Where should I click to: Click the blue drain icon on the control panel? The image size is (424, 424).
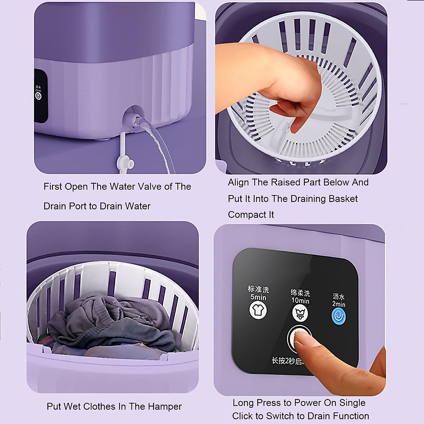pos(338,316)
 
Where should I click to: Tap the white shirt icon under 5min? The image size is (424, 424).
pos(258,310)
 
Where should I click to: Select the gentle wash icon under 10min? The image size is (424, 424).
pos(300,313)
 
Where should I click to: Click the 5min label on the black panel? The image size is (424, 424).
pos(258,297)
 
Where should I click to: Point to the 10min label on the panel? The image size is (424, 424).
pos(300,301)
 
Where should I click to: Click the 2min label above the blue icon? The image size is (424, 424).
pos(338,304)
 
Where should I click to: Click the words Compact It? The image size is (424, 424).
pos(251,215)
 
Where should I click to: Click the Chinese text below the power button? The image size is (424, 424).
pos(286,361)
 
